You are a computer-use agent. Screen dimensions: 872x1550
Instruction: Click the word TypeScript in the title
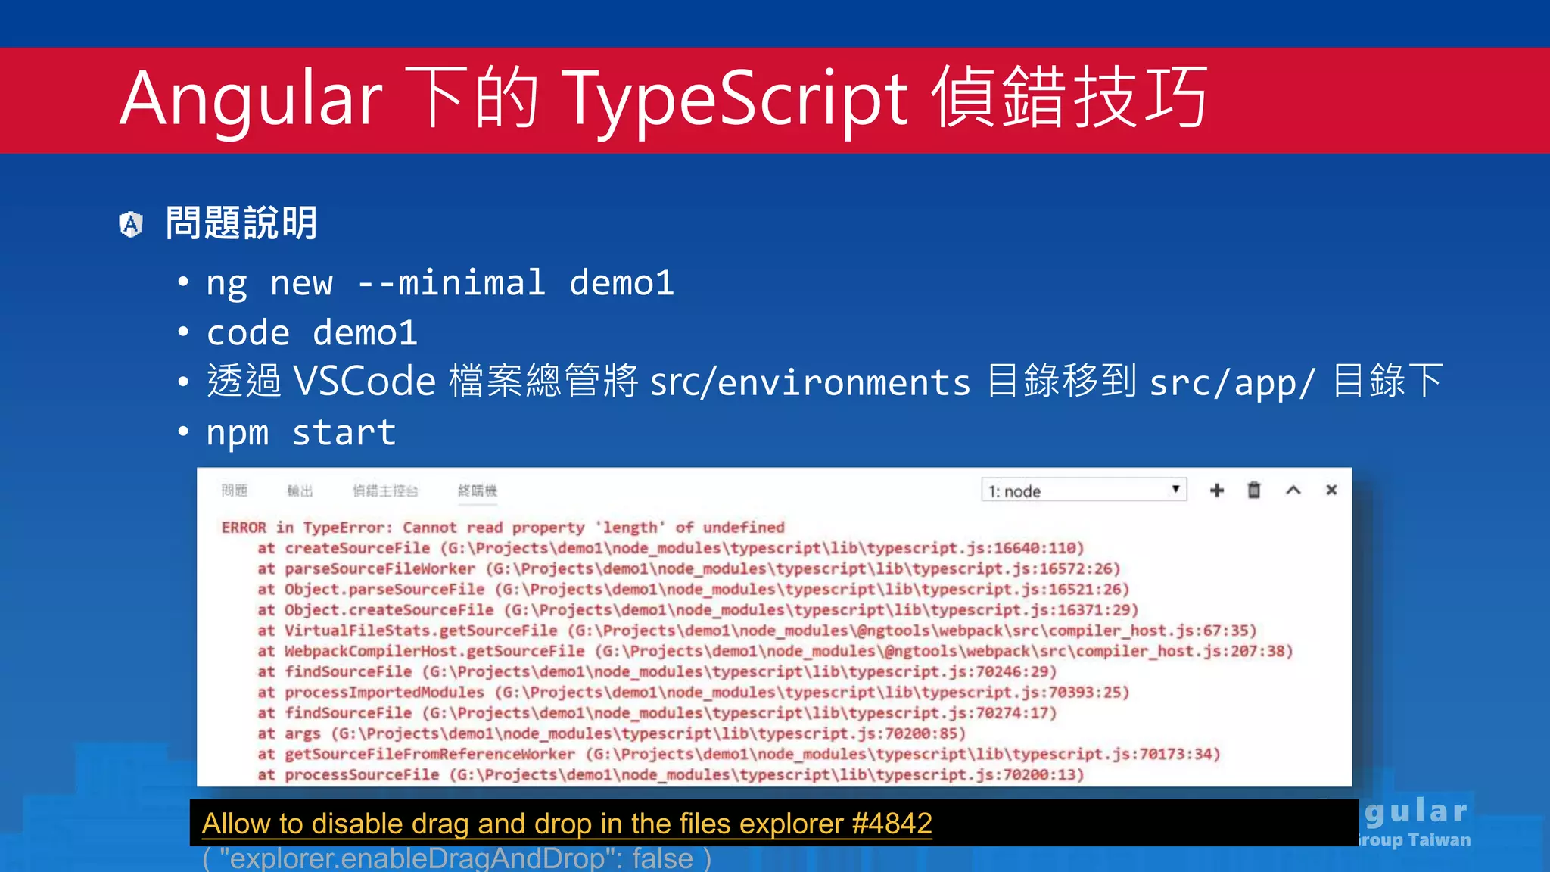[x=734, y=98]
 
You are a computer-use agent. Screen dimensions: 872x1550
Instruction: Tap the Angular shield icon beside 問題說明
[x=131, y=224]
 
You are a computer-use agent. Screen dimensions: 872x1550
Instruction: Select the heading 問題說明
[x=241, y=223]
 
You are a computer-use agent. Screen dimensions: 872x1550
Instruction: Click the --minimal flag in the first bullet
[x=451, y=283]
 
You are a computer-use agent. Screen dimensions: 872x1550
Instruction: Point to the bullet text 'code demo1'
[x=312, y=333]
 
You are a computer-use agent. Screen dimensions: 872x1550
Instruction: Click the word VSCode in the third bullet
[x=364, y=381]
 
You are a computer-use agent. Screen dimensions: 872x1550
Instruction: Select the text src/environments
[x=810, y=382]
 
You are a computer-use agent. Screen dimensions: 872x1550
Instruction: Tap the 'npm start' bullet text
[x=301, y=432]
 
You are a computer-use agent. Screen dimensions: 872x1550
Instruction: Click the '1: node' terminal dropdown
[x=1083, y=490]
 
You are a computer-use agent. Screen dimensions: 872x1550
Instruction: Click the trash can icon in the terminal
[x=1254, y=490]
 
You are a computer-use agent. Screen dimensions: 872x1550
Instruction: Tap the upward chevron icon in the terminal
[x=1293, y=490]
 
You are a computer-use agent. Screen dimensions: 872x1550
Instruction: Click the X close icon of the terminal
[x=1331, y=490]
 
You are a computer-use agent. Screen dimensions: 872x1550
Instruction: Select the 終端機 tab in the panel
[x=478, y=490]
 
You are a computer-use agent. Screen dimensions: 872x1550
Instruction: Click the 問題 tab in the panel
[x=235, y=490]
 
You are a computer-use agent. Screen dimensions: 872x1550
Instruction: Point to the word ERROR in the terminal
[x=244, y=528]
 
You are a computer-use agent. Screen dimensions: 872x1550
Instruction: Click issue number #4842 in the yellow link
[x=892, y=824]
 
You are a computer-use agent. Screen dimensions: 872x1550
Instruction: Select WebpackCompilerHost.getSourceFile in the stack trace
[x=434, y=651]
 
